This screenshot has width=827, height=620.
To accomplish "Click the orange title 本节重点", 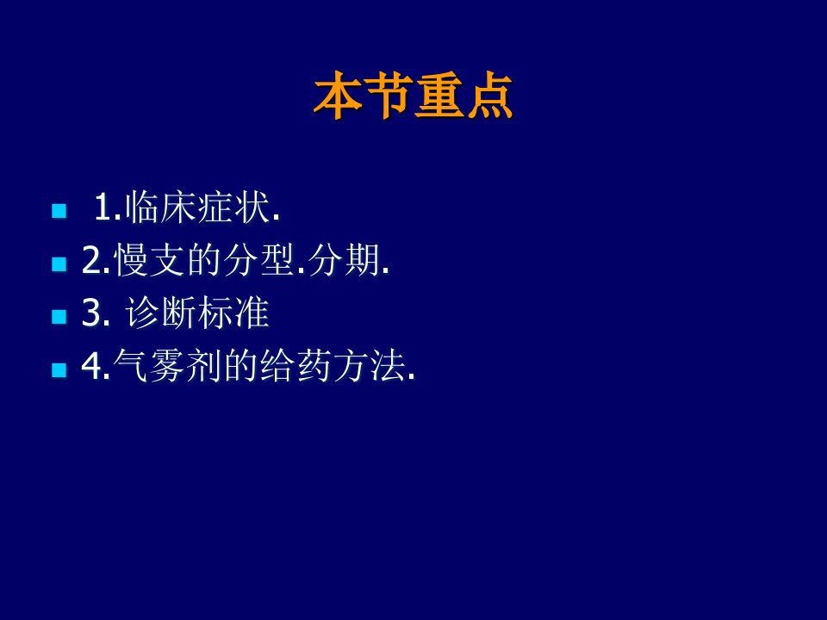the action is pyautogui.click(x=413, y=96).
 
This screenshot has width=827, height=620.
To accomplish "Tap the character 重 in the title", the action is pyautogui.click(x=438, y=96).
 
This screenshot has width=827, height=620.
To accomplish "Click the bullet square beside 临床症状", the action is pyautogui.click(x=59, y=211).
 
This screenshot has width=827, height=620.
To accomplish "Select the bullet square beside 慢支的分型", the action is pyautogui.click(x=59, y=263).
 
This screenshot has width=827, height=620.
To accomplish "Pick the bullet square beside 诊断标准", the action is pyautogui.click(x=59, y=316).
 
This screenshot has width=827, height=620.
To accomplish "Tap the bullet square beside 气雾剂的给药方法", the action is pyautogui.click(x=59, y=369).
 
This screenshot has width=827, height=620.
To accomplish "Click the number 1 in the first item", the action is pyautogui.click(x=103, y=208).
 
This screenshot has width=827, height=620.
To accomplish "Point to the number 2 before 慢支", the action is pyautogui.click(x=92, y=260).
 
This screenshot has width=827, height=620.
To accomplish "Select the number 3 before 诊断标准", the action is pyautogui.click(x=92, y=313).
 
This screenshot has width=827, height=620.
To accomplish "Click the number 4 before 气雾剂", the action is pyautogui.click(x=92, y=365).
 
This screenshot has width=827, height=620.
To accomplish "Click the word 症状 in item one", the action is pyautogui.click(x=233, y=207).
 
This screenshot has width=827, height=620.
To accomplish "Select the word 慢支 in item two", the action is pyautogui.click(x=149, y=259).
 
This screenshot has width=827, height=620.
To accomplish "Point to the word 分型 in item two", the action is pyautogui.click(x=258, y=259).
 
